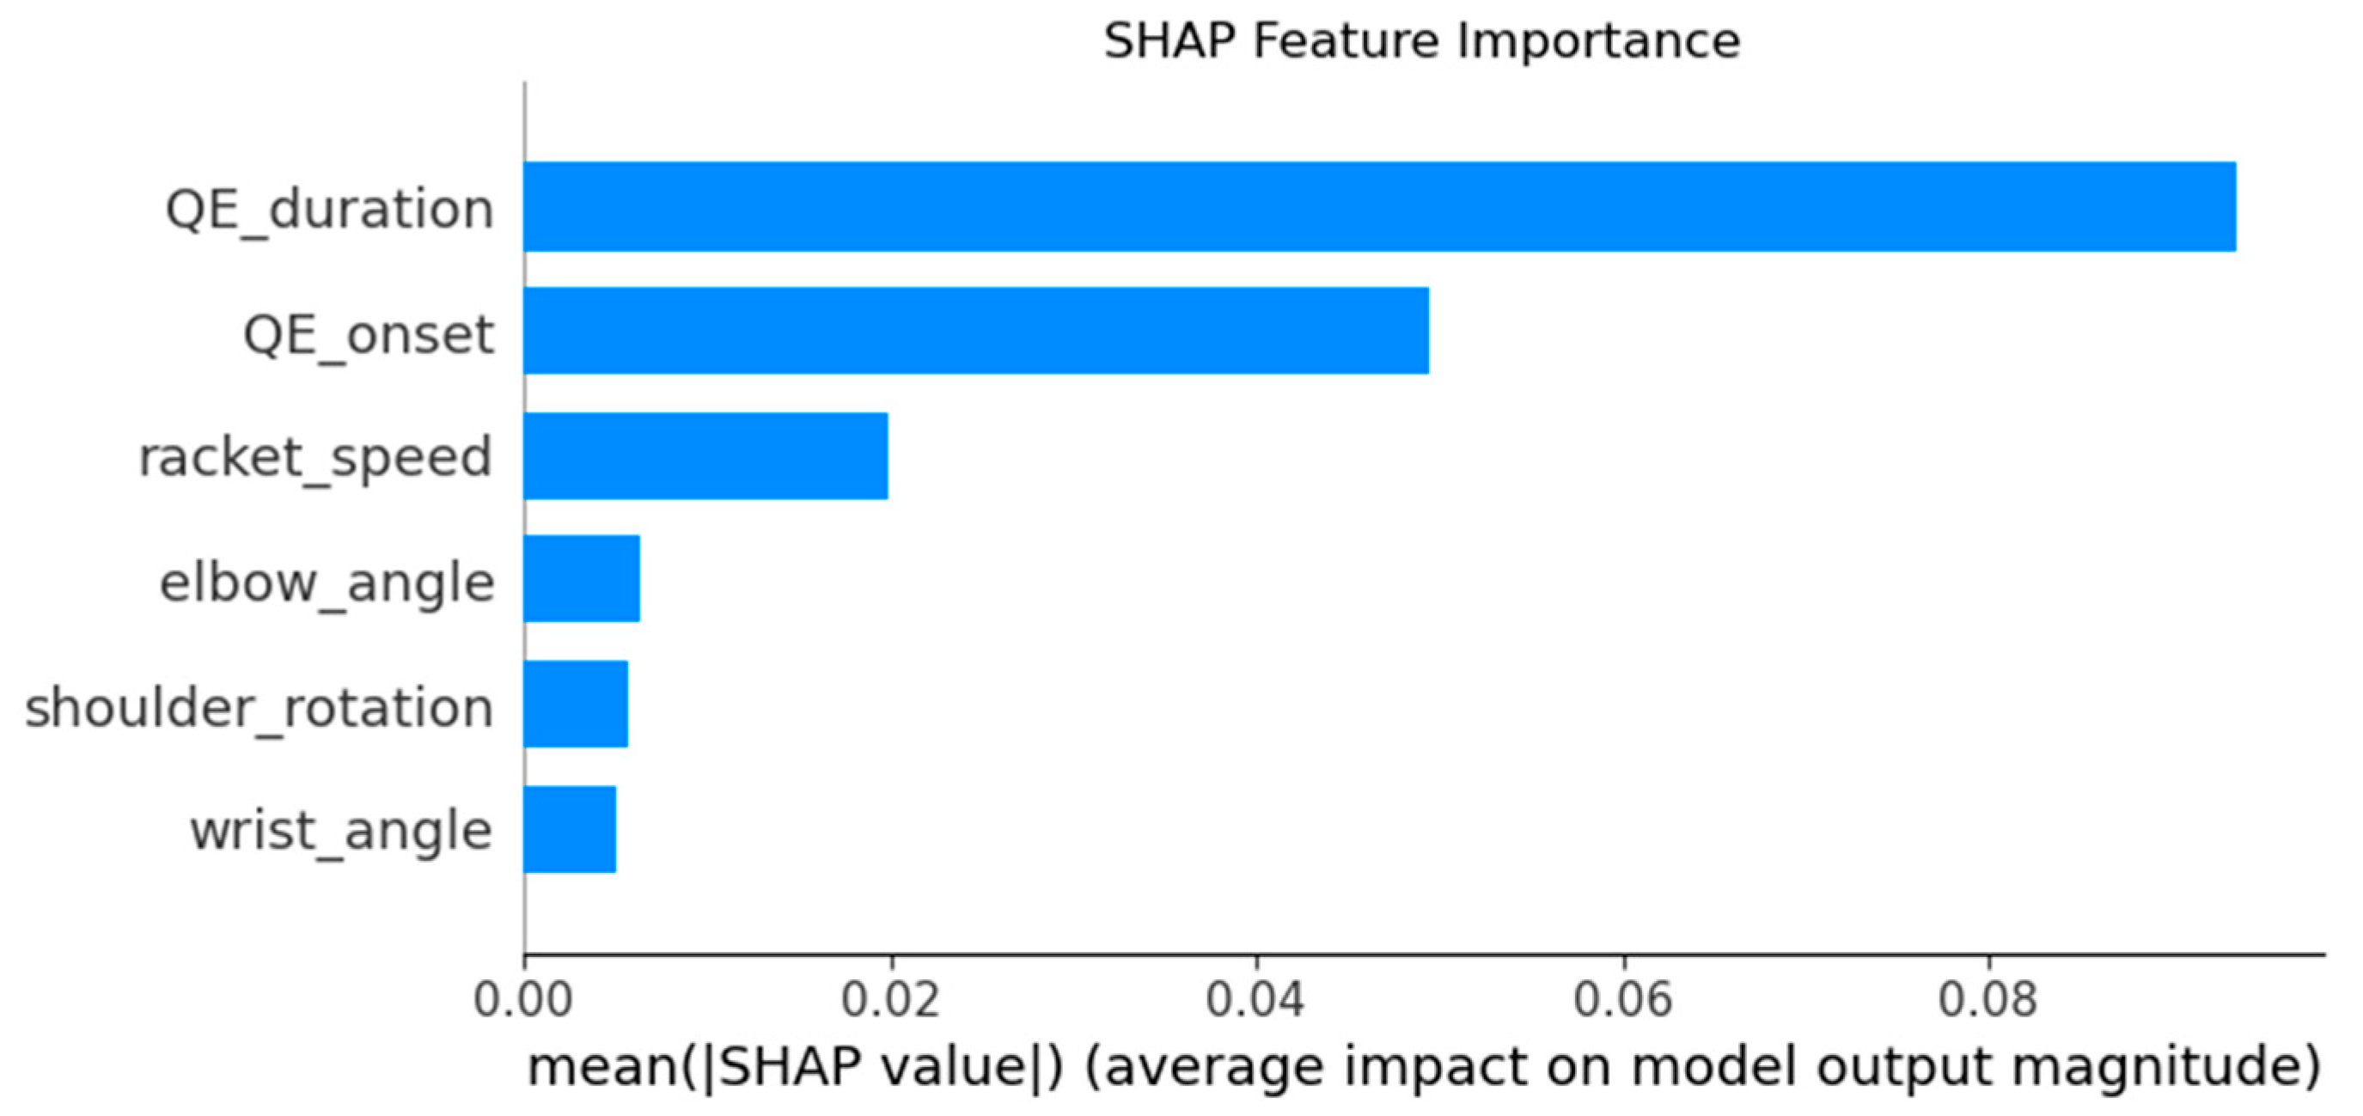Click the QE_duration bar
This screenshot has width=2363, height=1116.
tap(1380, 206)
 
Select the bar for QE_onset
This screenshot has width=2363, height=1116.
tap(976, 330)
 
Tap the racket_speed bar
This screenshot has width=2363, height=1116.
tap(705, 455)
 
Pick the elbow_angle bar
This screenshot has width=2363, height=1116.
tap(582, 579)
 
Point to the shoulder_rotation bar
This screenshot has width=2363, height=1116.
tap(576, 704)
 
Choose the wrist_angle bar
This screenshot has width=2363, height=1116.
tap(570, 829)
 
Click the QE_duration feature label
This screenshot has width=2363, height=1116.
tap(329, 210)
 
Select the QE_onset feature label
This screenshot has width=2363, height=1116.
tap(369, 336)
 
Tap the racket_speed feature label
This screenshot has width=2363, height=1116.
tap(315, 459)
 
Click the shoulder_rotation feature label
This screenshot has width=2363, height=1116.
tap(260, 709)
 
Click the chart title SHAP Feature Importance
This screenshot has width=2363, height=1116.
tap(1422, 41)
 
